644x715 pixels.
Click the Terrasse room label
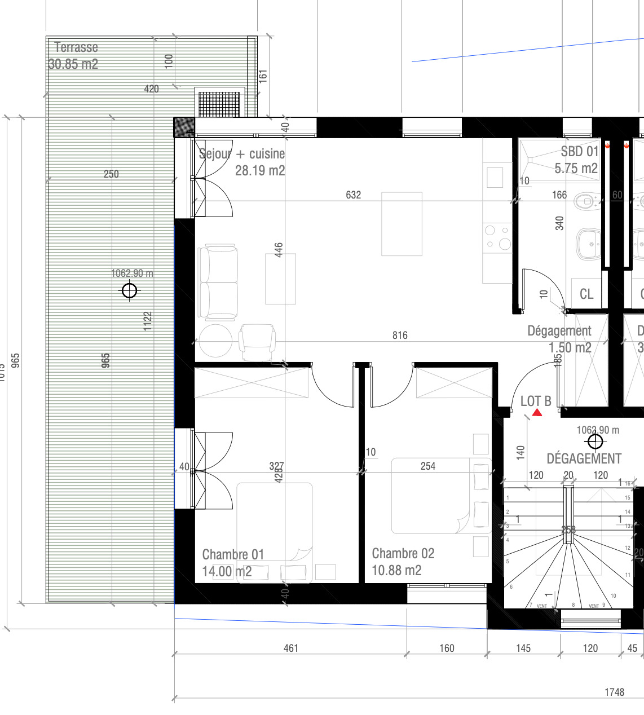pos(76,47)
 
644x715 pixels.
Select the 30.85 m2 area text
pos(73,64)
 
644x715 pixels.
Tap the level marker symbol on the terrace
pos(129,291)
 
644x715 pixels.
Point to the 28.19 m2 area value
pos(260,170)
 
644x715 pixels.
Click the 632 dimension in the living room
pos(354,195)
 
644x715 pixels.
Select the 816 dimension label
pos(400,336)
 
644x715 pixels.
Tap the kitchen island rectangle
pos(402,224)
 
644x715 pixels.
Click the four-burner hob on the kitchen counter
pos(497,237)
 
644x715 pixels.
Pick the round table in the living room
pos(215,341)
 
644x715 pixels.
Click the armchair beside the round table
pos(257,341)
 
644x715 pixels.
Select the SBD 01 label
pos(579,152)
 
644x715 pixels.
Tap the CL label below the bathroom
pos(586,294)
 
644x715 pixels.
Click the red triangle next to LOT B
pos(537,413)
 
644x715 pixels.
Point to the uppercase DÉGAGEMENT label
pos(584,459)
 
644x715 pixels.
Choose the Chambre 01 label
pos(233,555)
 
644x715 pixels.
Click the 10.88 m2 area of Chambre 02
pos(396,571)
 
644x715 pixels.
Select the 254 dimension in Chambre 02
pos(428,466)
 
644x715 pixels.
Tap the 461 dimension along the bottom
pos(291,648)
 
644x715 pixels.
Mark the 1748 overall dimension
pos(614,692)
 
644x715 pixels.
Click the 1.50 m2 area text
pos(570,348)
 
